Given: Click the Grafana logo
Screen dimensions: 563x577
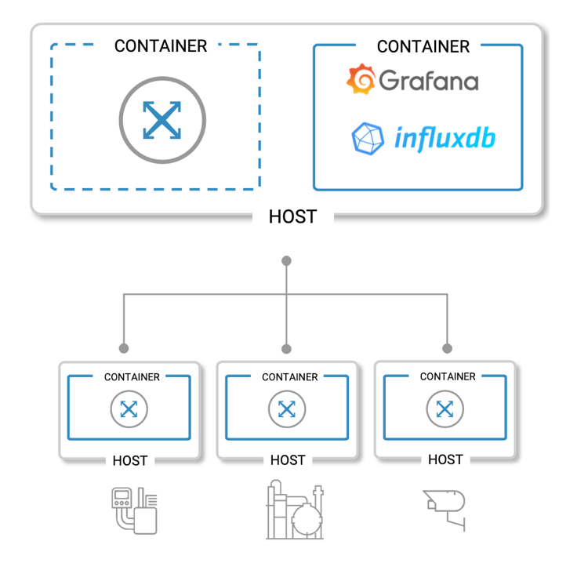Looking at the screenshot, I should point(412,80).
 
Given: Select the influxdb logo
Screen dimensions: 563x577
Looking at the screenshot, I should point(423,139).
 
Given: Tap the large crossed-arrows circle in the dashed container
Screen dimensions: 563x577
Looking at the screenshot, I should point(162,120).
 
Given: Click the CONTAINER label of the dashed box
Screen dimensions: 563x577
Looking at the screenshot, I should point(161,46).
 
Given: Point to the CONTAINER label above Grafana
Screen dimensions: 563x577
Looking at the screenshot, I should point(423,47).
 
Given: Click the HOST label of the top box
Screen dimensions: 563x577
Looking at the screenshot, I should point(292,216).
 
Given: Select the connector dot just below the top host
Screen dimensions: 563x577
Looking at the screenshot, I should point(287,260).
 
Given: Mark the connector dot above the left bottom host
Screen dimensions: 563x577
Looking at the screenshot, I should point(124,348).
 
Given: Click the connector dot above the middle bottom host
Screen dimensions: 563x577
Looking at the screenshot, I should point(287,348).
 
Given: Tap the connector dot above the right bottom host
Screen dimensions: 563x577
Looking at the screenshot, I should point(448,348).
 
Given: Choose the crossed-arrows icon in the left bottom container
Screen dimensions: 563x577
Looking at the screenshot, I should point(129,409).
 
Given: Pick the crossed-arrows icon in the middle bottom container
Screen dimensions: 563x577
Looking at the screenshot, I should point(287,409).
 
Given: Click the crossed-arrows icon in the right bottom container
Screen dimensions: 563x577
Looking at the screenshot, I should point(445,409).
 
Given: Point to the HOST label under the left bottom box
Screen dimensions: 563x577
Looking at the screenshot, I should point(130,460).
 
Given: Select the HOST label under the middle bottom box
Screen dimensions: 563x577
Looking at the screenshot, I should point(288,459).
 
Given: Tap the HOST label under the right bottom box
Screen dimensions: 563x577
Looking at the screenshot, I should point(445,459).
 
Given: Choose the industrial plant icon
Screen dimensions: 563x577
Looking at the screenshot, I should point(295,510).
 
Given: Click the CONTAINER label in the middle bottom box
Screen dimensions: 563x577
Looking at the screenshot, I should point(290,377).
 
